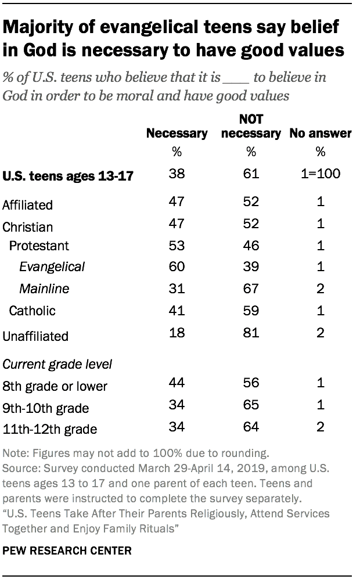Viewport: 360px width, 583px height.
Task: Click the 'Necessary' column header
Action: tap(177, 134)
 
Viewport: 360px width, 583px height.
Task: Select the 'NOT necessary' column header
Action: tap(251, 127)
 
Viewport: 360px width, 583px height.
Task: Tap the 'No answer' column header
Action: tap(321, 134)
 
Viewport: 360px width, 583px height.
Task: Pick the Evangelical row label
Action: tap(52, 267)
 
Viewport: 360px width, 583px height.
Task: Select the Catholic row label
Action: tap(32, 311)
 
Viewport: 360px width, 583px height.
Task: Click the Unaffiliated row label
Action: tap(35, 336)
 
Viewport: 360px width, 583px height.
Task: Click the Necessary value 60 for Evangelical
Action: tap(177, 267)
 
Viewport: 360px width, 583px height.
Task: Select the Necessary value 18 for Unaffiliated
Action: tap(177, 333)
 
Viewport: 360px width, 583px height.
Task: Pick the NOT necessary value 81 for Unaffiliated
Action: tap(251, 333)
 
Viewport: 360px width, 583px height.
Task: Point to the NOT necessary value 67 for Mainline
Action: tap(251, 289)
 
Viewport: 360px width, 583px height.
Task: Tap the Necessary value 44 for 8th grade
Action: tap(177, 383)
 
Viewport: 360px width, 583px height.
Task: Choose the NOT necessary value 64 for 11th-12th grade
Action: tap(251, 428)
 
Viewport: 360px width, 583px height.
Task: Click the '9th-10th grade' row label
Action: tap(46, 408)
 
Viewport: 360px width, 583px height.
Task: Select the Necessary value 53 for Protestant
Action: tap(177, 246)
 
